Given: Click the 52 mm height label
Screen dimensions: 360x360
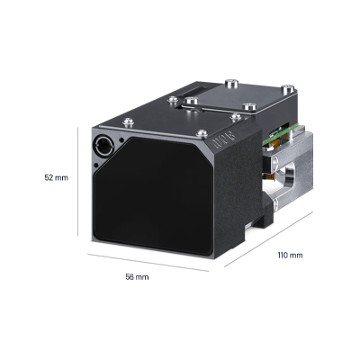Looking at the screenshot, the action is [x=57, y=177].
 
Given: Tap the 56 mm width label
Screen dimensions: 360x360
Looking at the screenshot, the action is [x=137, y=277].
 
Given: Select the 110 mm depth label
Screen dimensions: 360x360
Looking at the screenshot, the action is [x=290, y=256].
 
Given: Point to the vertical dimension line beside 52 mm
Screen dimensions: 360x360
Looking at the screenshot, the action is [x=78, y=182].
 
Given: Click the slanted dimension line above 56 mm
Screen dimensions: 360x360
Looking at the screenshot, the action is [x=148, y=263].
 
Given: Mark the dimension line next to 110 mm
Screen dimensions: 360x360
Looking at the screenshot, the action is [x=268, y=239].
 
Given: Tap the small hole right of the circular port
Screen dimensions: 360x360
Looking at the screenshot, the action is [x=121, y=139].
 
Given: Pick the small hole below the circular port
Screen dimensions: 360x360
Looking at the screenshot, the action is [x=96, y=165].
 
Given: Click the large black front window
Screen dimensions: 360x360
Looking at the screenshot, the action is [x=154, y=196].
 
